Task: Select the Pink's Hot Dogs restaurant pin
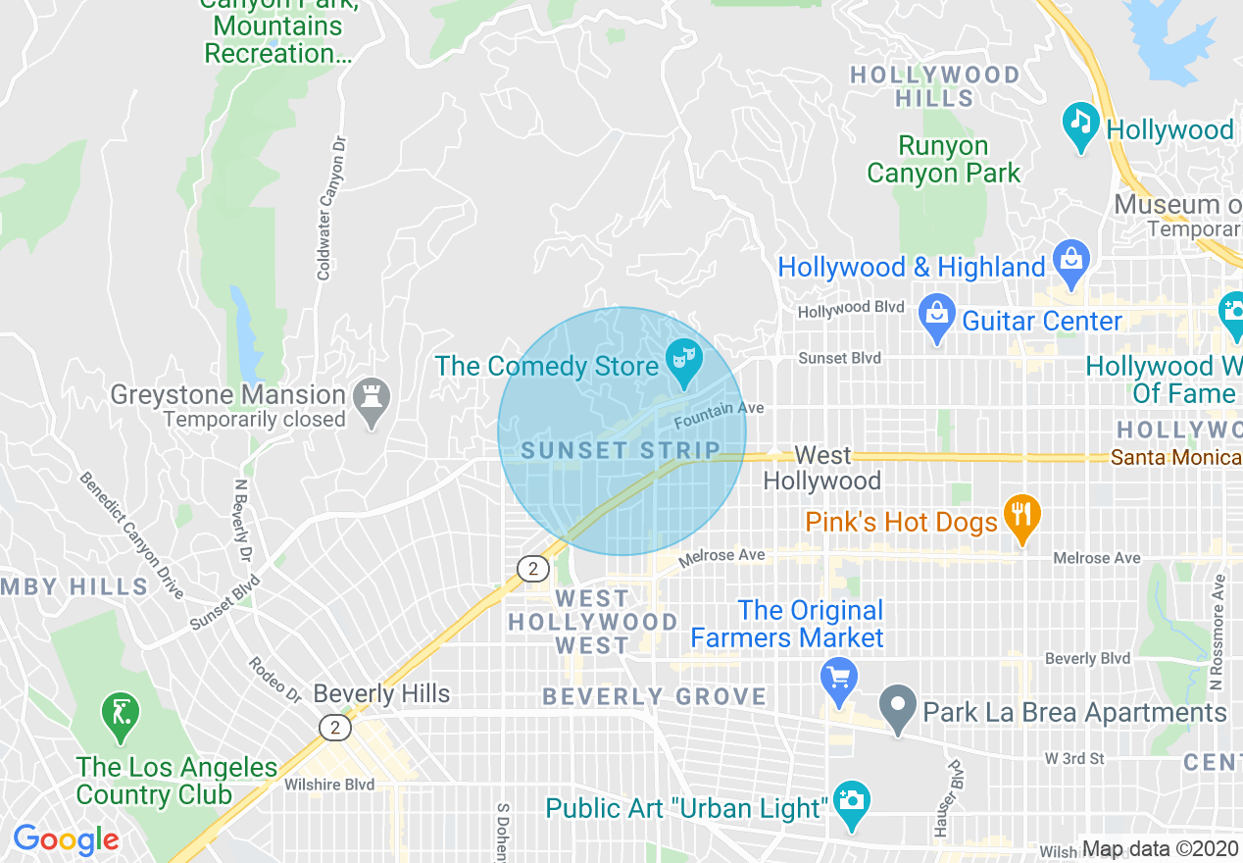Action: click(x=1022, y=519)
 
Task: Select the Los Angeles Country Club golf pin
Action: click(x=121, y=717)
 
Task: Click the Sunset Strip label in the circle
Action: click(x=621, y=450)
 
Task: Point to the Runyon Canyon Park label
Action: click(x=943, y=160)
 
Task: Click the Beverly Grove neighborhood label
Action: click(x=655, y=697)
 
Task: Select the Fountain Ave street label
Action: click(x=719, y=415)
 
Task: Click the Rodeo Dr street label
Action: click(x=274, y=680)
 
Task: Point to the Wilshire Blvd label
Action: click(x=329, y=785)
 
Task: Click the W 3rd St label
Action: click(x=1073, y=759)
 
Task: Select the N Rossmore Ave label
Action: click(x=1218, y=632)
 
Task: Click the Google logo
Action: click(x=66, y=839)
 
